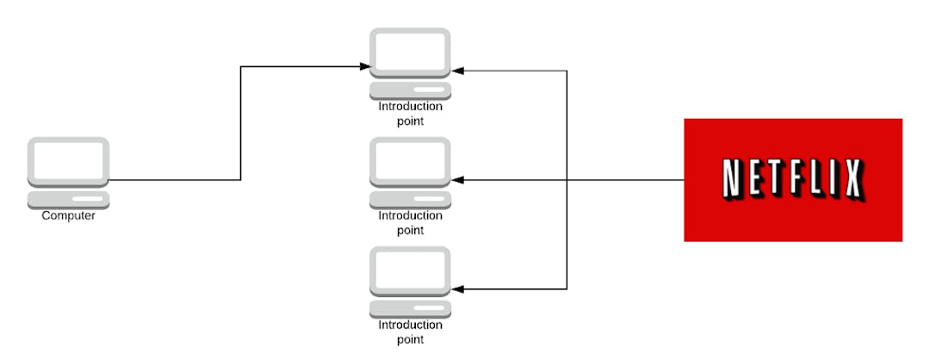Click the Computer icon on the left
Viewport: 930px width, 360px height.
[x=69, y=171]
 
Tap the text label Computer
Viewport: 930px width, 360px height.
[x=69, y=215]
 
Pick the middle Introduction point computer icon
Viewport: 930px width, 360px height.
[x=410, y=171]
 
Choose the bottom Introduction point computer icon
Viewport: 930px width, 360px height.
[x=410, y=282]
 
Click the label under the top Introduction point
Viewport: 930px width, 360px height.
[x=410, y=114]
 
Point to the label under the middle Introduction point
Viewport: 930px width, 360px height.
[x=410, y=222]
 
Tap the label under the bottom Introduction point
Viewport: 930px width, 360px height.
[x=410, y=332]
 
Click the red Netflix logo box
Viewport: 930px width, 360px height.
[x=792, y=180]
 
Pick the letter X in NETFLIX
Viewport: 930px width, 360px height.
[x=852, y=179]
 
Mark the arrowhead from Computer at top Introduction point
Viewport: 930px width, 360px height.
[x=365, y=66]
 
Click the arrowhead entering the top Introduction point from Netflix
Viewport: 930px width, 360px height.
[x=457, y=71]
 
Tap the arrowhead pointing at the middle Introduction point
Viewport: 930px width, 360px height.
[x=457, y=180]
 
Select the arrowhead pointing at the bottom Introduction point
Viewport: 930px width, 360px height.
[x=457, y=289]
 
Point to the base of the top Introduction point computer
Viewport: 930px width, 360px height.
[x=410, y=90]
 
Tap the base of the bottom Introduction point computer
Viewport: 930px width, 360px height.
[x=410, y=308]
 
